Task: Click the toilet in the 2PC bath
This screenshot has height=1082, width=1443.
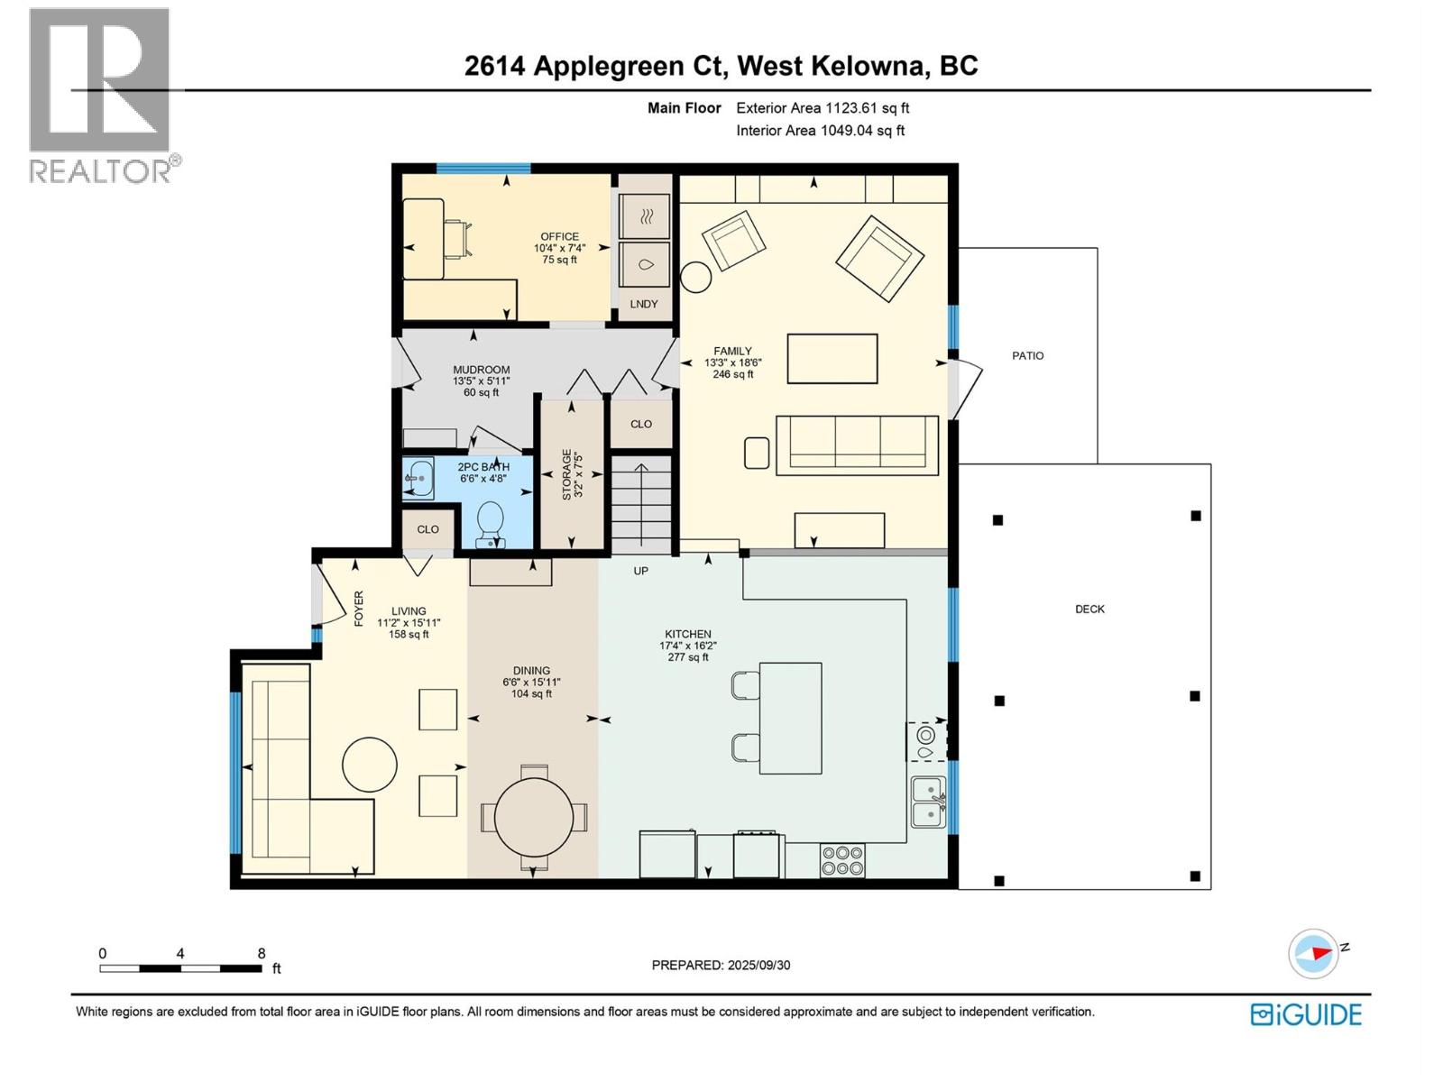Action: coord(490,522)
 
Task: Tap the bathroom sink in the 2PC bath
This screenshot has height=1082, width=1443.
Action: coord(418,478)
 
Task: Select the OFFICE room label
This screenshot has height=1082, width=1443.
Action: coord(559,237)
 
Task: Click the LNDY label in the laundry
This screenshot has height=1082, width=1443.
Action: coord(644,304)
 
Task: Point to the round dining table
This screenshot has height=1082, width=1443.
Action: coord(534,817)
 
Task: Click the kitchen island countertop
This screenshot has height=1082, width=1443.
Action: coord(791,718)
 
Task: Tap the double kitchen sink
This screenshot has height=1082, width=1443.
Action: coord(928,802)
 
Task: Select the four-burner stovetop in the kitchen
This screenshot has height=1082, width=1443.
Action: coord(842,860)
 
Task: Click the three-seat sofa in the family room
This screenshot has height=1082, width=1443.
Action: coord(857,443)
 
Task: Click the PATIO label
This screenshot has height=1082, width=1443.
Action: coord(1027,356)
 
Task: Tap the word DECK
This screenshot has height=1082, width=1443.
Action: coord(1089,610)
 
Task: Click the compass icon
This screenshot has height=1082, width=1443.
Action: coord(1312,953)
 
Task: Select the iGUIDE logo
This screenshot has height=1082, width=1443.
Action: coord(1306,1014)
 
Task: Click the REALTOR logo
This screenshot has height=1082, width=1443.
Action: coord(102,95)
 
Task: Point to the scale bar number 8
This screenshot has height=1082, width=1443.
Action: coord(262,953)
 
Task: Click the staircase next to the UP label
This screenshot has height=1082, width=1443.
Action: coord(641,505)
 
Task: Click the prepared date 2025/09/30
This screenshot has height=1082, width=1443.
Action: coord(758,965)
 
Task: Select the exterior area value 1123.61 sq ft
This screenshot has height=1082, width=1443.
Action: coord(866,108)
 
